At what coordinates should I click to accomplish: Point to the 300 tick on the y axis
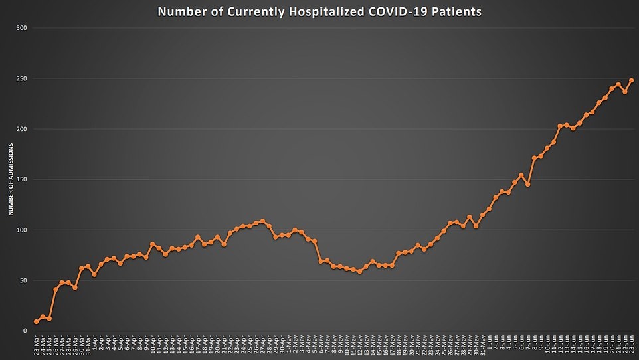coord(22,28)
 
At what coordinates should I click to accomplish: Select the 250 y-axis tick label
coord(22,78)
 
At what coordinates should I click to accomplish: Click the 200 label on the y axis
coord(22,129)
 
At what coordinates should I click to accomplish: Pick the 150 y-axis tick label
coord(22,179)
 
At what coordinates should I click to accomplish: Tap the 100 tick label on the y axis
coord(22,230)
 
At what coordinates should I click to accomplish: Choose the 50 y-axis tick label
coord(23,280)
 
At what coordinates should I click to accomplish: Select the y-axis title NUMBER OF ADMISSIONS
coord(11,180)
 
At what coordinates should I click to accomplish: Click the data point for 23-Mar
coord(36,321)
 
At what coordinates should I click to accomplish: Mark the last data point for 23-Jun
coord(631,80)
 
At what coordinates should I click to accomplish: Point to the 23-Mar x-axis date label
coord(36,346)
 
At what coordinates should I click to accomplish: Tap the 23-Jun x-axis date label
coord(631,346)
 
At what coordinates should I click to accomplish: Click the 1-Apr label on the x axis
coord(94,345)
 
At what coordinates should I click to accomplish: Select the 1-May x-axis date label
coord(288,345)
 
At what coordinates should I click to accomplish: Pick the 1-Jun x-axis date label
coord(489,345)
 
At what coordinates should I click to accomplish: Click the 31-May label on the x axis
coord(482,346)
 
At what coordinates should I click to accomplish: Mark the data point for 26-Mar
coord(56,290)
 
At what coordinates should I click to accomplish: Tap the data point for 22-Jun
coord(624,92)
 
